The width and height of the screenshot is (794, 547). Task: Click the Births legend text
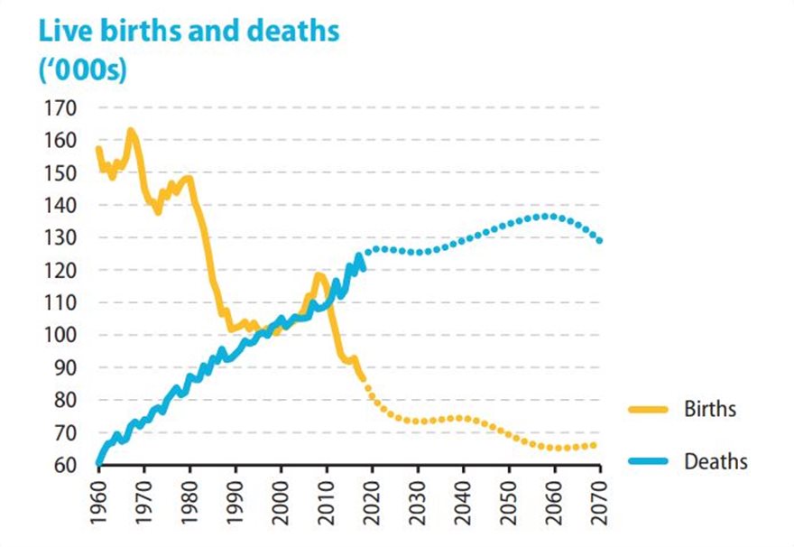710,409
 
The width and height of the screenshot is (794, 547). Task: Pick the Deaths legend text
716,461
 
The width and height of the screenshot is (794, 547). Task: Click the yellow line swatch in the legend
648,410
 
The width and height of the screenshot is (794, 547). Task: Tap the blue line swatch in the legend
648,462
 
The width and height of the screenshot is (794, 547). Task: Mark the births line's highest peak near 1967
131,131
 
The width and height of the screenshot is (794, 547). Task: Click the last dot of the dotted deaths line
601,240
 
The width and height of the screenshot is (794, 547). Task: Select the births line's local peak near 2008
318,275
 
